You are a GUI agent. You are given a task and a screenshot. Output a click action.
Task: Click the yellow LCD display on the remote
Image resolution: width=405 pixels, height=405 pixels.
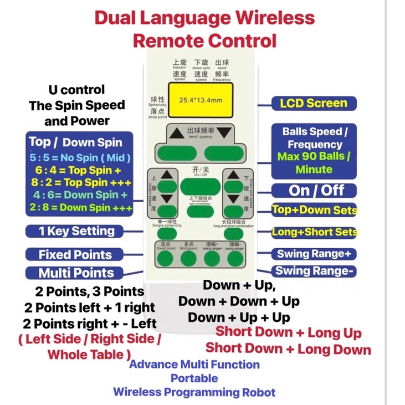(201, 100)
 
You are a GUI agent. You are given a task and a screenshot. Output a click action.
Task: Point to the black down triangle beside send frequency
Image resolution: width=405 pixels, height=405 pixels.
(223, 134)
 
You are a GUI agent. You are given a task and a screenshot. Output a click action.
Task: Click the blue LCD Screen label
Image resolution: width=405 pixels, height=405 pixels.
(314, 103)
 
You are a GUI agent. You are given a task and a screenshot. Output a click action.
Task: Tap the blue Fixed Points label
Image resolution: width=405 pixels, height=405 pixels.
(75, 255)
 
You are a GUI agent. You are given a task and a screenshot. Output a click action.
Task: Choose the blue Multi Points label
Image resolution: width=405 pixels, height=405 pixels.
(76, 273)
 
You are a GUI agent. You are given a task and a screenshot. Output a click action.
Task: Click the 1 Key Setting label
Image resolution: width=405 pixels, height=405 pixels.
(76, 231)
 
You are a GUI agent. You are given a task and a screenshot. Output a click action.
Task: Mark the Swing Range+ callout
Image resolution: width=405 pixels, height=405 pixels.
(314, 254)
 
